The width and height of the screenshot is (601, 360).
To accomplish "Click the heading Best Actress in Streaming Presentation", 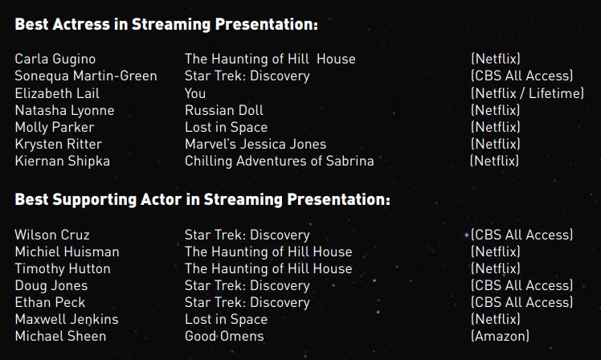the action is (166, 24).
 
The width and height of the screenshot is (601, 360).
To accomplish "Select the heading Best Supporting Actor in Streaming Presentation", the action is (202, 200).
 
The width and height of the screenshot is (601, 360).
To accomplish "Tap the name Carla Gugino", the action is (55, 59).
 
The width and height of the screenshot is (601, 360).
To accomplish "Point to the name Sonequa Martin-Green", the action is (86, 76).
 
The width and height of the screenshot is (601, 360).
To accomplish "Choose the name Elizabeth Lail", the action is (57, 93).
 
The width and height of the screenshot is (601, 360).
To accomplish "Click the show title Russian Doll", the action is (224, 110).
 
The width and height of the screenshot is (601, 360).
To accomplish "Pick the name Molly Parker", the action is (55, 127).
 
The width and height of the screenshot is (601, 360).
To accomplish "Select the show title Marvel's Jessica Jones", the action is (256, 144).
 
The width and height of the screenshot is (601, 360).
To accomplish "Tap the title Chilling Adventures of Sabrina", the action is (279, 161).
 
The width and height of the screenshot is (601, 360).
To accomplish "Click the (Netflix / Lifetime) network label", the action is (527, 93).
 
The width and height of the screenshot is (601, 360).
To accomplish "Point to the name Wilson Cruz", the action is (52, 235).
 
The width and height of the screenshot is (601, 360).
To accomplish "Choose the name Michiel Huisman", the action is (67, 252).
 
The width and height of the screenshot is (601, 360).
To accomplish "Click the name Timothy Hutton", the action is (63, 268).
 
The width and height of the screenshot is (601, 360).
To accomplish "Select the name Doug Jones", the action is (51, 285).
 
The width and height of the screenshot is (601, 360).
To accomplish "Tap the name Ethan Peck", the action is (50, 302).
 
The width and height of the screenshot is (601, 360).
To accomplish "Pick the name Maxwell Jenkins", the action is (67, 319).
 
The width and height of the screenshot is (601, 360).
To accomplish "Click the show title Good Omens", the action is (224, 336).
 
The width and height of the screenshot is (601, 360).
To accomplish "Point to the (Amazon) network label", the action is (500, 336).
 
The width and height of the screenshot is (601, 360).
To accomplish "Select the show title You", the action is (195, 93).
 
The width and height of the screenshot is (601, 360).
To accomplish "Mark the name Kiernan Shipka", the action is (62, 161).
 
